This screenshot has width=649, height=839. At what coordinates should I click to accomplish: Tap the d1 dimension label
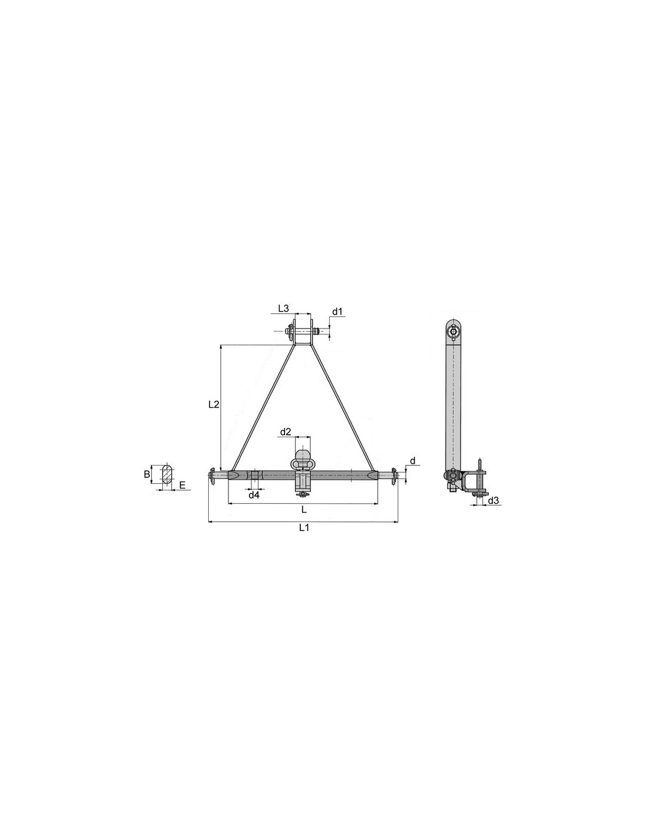click(x=337, y=312)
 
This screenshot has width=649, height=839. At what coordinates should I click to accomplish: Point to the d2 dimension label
click(x=286, y=432)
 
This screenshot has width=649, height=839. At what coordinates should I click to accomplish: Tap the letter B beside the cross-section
click(x=147, y=474)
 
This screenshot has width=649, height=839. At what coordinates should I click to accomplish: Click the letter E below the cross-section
click(x=183, y=486)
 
